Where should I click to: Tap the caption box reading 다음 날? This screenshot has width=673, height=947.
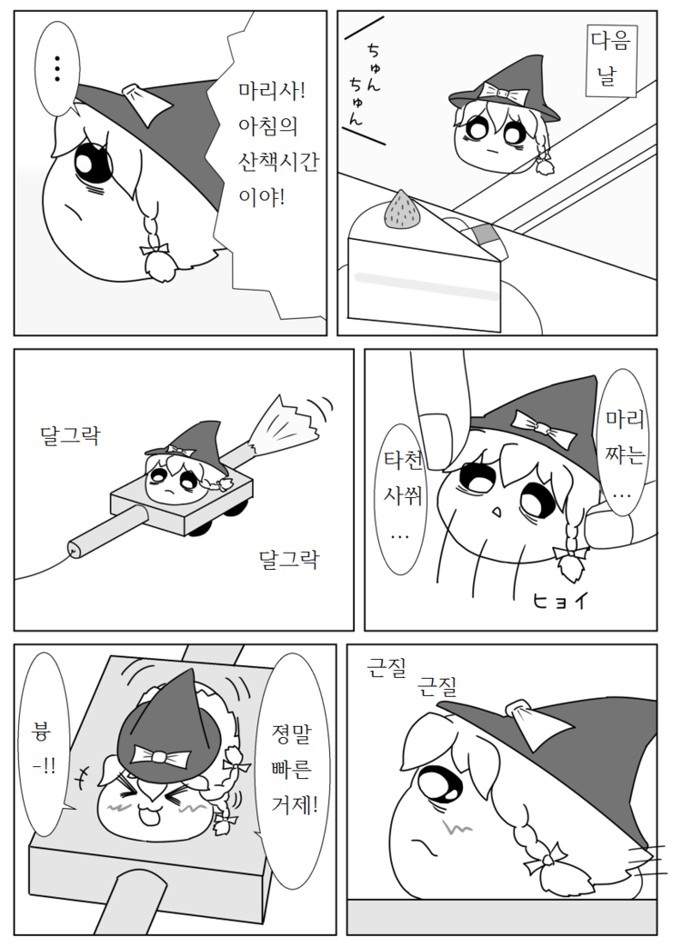(x=611, y=60)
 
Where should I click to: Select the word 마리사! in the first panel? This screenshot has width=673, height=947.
(x=272, y=92)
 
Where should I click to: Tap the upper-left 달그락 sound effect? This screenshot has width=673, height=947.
(x=70, y=435)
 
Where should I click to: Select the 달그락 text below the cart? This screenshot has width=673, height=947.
(x=289, y=559)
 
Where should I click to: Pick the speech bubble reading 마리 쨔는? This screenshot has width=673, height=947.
(x=626, y=443)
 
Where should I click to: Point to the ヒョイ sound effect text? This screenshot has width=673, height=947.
(x=559, y=601)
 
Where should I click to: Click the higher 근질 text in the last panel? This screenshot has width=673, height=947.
(x=387, y=668)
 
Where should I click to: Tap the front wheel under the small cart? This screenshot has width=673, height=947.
(x=200, y=528)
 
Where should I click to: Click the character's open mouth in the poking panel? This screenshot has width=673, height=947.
(x=497, y=513)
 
